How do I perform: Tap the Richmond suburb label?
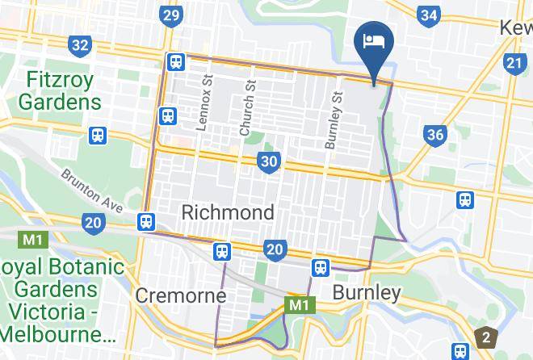(x=228, y=212)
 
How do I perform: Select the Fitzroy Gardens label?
(x=61, y=91)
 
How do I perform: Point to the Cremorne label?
(x=175, y=295)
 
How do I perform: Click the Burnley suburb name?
(x=367, y=292)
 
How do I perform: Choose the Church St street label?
(x=247, y=108)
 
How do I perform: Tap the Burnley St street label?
(x=332, y=119)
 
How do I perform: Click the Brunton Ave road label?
(x=91, y=190)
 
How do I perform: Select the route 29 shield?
(x=170, y=15)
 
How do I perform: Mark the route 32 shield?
(x=79, y=44)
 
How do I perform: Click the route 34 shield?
(x=430, y=15)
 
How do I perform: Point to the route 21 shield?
(x=514, y=62)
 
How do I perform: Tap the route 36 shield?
(x=435, y=134)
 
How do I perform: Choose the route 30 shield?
(x=270, y=162)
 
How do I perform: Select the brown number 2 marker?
(x=486, y=336)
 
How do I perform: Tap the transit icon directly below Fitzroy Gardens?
(x=98, y=135)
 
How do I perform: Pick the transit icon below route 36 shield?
(x=464, y=199)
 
